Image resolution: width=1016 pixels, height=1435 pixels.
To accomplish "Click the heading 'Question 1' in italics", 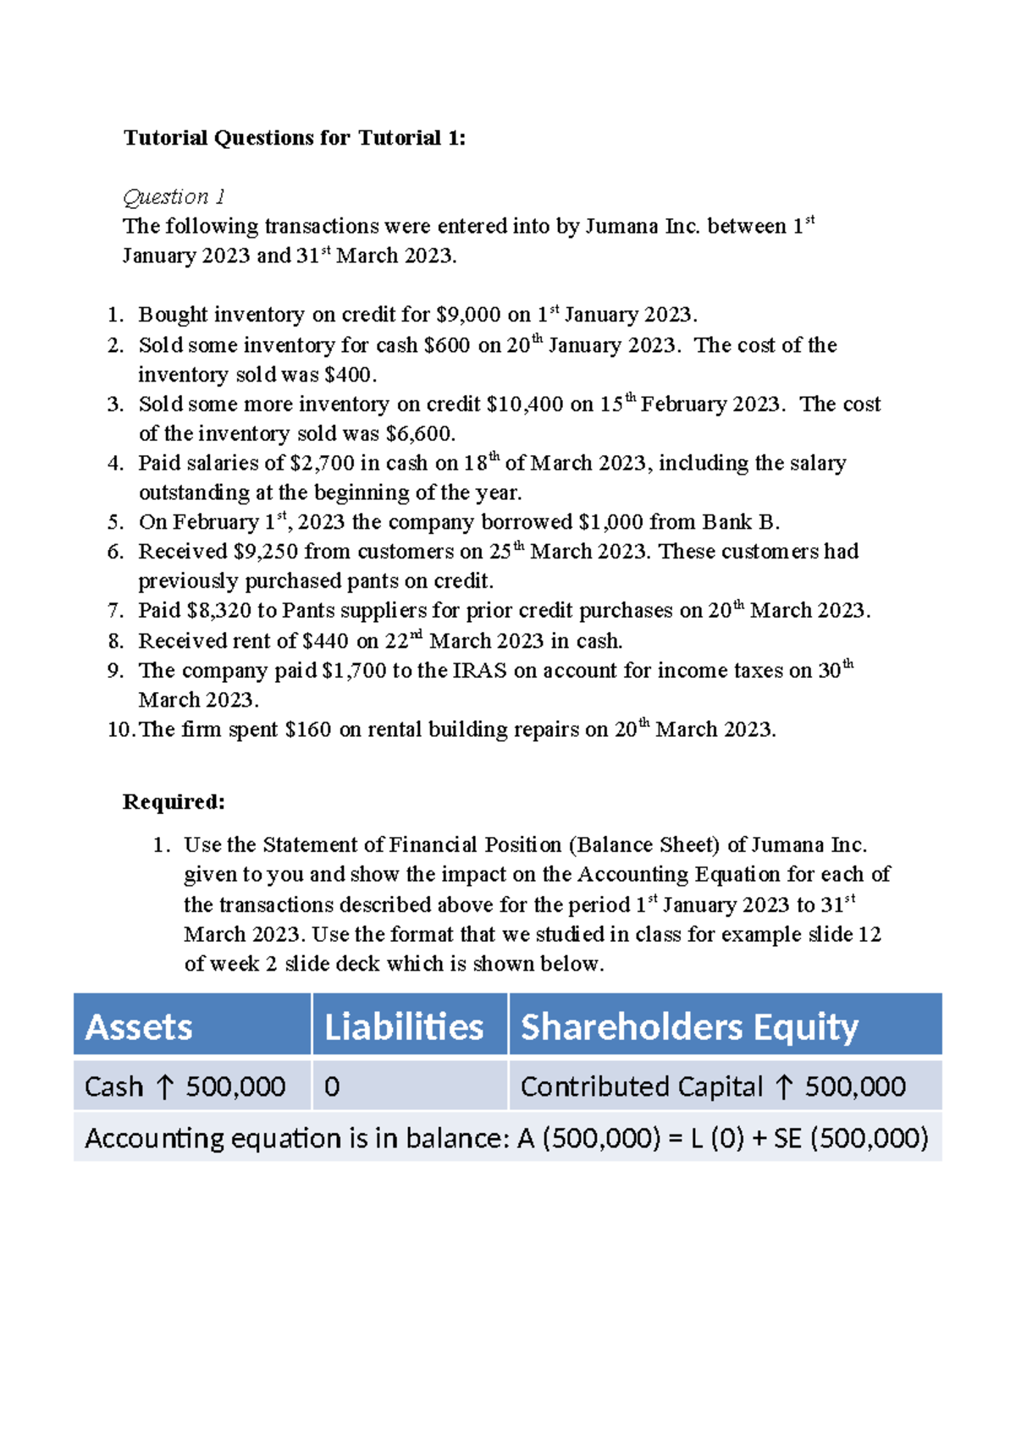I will tap(174, 197).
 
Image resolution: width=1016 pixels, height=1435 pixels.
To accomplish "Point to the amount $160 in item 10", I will tap(308, 729).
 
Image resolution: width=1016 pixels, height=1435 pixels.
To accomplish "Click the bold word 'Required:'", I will tap(174, 802).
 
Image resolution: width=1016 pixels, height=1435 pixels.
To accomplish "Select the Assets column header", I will tap(140, 1026).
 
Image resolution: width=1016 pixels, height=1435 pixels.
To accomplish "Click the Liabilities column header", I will tap(404, 1026).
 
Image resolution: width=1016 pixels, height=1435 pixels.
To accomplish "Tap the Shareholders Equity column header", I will tap(689, 1026).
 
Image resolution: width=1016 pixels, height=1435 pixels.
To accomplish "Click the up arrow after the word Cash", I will tap(164, 1086).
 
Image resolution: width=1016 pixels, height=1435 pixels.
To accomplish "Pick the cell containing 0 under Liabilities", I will tap(333, 1086).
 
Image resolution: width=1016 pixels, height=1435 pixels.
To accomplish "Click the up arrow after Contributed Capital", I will tap(784, 1086).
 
